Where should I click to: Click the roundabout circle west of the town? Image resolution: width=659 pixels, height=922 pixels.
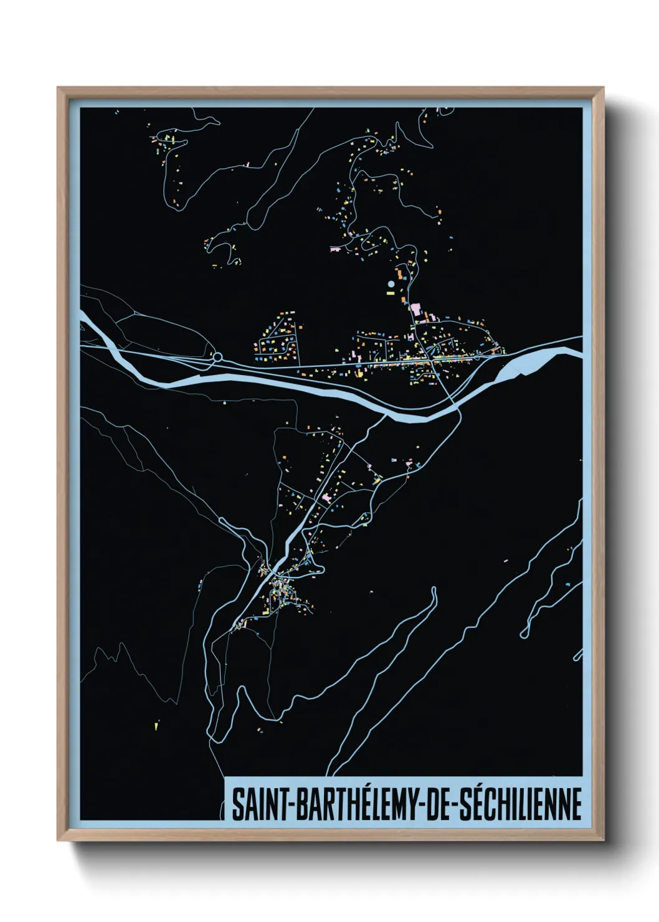tap(218, 357)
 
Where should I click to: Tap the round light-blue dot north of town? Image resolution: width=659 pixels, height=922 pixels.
tap(391, 284)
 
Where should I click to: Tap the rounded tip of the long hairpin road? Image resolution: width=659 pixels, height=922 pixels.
tap(434, 590)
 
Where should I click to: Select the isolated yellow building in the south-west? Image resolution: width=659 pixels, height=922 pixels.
tap(156, 725)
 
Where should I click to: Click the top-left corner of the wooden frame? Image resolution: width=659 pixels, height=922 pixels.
tap(58, 88)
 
